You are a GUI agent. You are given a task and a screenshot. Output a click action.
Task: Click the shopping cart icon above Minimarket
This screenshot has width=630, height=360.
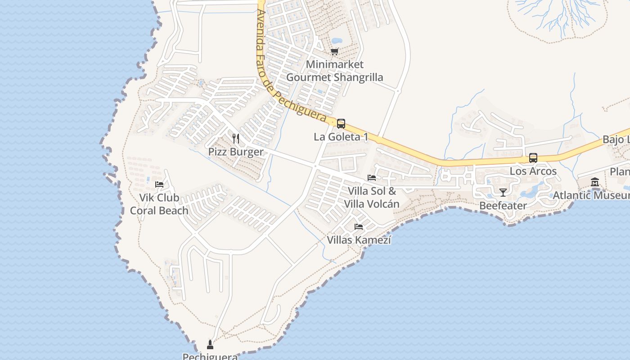(x=334, y=52)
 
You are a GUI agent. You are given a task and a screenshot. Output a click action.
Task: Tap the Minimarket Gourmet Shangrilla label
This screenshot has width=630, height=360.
(x=334, y=71)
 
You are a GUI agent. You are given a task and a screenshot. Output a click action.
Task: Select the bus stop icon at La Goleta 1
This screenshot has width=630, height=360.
(x=341, y=123)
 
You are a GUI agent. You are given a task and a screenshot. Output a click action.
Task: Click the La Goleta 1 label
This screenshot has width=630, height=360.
(x=341, y=137)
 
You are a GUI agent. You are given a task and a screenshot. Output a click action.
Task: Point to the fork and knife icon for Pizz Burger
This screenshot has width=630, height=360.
(x=236, y=138)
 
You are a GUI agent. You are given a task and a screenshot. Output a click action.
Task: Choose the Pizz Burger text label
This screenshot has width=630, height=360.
(x=235, y=152)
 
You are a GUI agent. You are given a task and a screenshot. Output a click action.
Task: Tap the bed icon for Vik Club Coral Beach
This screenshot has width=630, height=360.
(x=159, y=184)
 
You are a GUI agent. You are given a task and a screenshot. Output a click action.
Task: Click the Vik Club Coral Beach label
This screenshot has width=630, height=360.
(x=159, y=204)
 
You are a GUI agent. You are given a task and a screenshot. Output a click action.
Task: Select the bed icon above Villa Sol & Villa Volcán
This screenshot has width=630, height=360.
(x=372, y=178)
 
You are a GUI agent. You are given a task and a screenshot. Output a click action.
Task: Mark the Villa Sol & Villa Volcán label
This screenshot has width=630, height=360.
(x=372, y=198)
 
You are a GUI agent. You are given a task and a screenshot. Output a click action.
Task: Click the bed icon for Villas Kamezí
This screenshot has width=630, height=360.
(x=359, y=226)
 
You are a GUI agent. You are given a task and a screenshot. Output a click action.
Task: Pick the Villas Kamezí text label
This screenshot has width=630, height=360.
(x=359, y=240)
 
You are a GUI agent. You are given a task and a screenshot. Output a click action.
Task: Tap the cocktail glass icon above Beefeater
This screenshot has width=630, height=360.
(x=503, y=193)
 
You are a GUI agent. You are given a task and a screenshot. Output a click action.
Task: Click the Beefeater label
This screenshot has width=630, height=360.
(x=503, y=206)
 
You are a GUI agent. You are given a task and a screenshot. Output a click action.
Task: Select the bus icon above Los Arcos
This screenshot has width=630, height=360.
(x=533, y=158)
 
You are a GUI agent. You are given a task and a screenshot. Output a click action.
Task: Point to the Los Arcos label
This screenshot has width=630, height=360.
(x=533, y=171)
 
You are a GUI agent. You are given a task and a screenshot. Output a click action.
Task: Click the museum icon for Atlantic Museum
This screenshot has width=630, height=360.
(x=595, y=182)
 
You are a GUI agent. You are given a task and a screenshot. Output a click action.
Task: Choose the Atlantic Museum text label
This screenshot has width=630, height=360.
(x=591, y=195)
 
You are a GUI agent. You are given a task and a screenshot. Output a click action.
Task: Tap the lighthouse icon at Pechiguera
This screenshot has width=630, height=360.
(x=210, y=345)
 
